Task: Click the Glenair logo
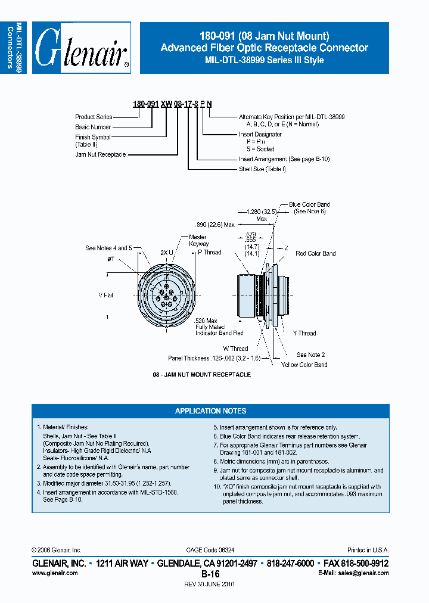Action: coord(82,48)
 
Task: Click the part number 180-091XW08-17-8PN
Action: coord(172,104)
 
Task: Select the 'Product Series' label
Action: coord(94,117)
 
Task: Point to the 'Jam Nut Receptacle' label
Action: coord(101,154)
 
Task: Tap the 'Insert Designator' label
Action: coord(260,134)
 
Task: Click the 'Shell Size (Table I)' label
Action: coord(262,169)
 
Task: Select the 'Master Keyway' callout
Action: coord(198,240)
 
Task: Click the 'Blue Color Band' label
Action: coord(309,204)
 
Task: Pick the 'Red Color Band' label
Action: coord(315,253)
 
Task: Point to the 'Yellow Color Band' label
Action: coord(304,365)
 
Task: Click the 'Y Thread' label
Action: coord(304,333)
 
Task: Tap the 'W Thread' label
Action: coord(235,349)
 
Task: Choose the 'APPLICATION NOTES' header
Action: coord(210,411)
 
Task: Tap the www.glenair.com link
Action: coord(54,573)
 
